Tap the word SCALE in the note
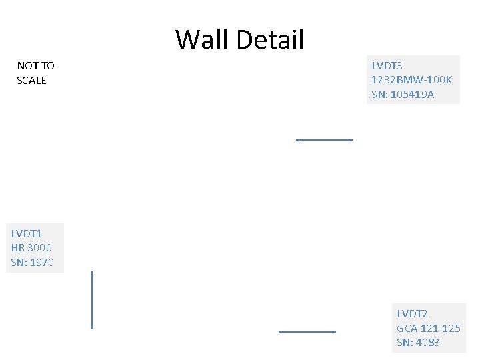pyautogui.click(x=31, y=81)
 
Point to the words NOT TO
pyautogui.click(x=35, y=66)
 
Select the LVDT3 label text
pyautogui.click(x=387, y=66)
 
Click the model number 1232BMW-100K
pyautogui.click(x=411, y=80)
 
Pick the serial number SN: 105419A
pyautogui.click(x=403, y=95)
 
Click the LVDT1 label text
pyautogui.click(x=27, y=233)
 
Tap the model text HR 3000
pyautogui.click(x=31, y=247)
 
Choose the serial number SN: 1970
pyautogui.click(x=32, y=262)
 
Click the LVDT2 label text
pyautogui.click(x=412, y=313)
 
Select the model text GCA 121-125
pyautogui.click(x=429, y=328)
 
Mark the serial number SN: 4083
pyautogui.click(x=418, y=343)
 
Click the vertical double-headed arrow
pyautogui.click(x=92, y=300)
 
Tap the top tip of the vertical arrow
pyautogui.click(x=92, y=273)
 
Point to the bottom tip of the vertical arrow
pyautogui.click(x=92, y=327)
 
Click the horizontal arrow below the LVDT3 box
pyautogui.click(x=324, y=140)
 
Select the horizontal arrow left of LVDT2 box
pyautogui.click(x=307, y=331)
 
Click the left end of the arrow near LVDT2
pyautogui.click(x=281, y=331)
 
